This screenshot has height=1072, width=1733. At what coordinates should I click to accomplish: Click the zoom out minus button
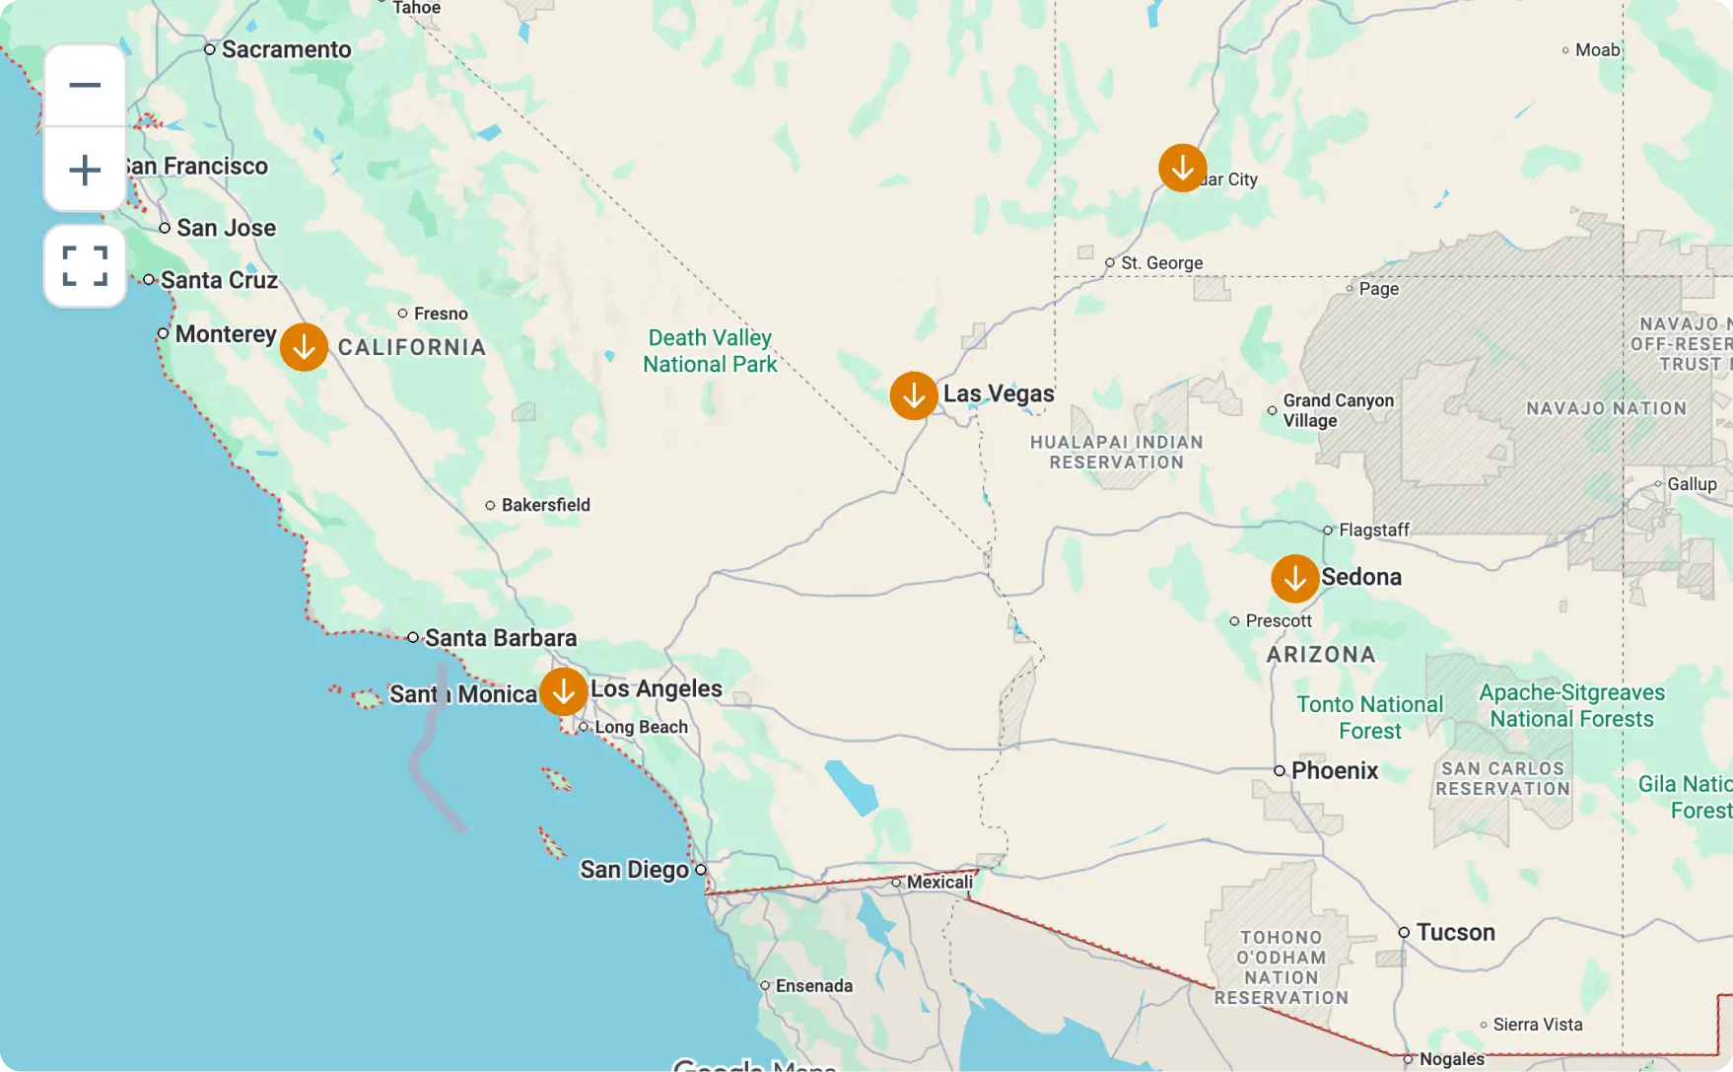coord(85,85)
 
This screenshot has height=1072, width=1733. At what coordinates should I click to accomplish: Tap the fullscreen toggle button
coord(85,266)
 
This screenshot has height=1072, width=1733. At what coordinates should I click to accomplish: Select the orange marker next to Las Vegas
coord(914,395)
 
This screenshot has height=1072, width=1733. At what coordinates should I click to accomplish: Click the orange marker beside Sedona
coord(1294,579)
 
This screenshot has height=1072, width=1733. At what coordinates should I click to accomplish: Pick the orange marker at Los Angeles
coord(564,691)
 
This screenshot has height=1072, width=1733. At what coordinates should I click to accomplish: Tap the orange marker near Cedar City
coord(1182,168)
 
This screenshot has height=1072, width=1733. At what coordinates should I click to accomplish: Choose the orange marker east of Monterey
coord(304,347)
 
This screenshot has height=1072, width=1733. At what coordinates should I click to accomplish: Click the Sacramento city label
coord(286,49)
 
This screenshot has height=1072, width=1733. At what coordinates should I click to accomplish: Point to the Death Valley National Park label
coord(710,351)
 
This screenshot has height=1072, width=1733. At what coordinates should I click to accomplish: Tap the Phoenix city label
coord(1334,770)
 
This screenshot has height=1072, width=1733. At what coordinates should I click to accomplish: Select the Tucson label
coord(1455,932)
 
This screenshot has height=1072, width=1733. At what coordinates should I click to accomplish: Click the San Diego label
coord(634,870)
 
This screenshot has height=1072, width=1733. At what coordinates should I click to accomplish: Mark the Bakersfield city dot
coord(490,505)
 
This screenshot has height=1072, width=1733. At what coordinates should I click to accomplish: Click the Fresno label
coord(440,314)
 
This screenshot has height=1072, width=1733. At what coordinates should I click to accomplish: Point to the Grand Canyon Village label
coord(1337,410)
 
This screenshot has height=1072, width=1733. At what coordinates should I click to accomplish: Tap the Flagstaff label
coord(1373,530)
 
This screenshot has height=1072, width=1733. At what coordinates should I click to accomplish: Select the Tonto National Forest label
coord(1369,717)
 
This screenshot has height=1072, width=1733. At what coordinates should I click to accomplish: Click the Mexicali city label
coord(938,882)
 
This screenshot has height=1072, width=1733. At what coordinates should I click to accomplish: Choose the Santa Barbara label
coord(500,638)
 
